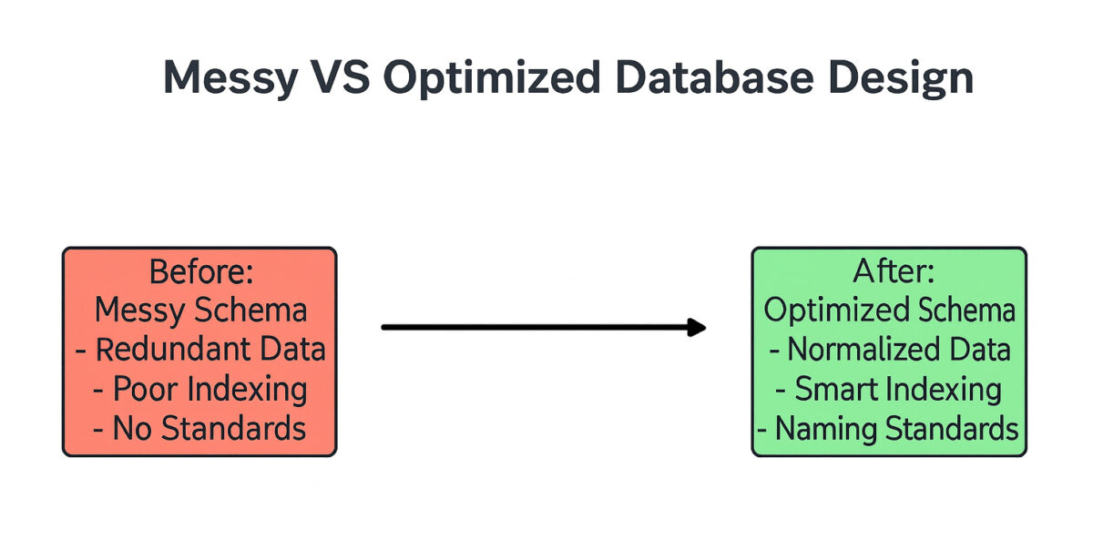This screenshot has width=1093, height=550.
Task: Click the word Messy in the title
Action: click(230, 79)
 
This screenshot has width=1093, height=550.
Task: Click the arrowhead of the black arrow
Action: click(698, 327)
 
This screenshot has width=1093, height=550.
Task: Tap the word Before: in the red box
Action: click(200, 271)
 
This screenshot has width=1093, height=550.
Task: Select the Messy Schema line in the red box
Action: click(200, 311)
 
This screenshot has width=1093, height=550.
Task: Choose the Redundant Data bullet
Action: click(200, 350)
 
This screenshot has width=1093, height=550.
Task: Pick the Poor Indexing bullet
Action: click(200, 390)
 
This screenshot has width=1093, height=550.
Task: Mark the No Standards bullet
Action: click(200, 429)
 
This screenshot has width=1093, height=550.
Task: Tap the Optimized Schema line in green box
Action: click(890, 311)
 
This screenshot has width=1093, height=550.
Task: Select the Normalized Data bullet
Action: click(890, 350)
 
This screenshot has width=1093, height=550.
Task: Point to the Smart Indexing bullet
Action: click(890, 390)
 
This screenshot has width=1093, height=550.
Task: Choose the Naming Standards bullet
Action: click(890, 429)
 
